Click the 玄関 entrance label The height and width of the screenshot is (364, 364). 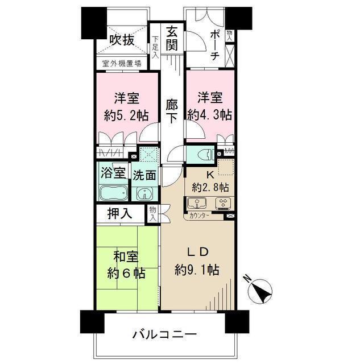172,38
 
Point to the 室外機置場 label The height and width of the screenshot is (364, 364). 121,64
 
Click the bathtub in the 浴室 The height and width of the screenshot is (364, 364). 114,193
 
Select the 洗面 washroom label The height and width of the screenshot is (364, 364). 144,176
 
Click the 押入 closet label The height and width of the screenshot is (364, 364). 121,214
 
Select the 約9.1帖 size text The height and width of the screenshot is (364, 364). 197,268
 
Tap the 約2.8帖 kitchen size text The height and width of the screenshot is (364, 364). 210,187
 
